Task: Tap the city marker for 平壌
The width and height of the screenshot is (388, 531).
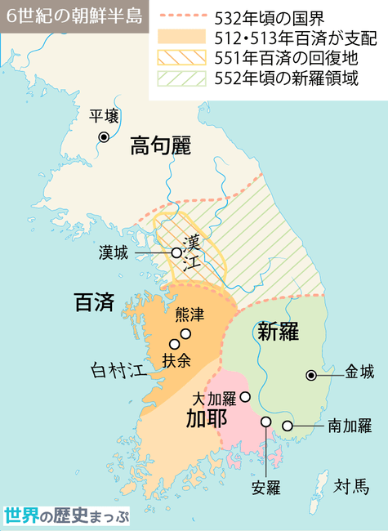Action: [x=104, y=136]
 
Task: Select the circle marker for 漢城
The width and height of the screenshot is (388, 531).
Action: [x=176, y=253]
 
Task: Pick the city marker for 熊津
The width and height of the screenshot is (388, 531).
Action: [x=185, y=333]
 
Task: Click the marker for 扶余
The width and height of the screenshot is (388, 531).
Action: [x=173, y=344]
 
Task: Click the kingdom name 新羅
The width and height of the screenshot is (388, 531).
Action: [x=278, y=331]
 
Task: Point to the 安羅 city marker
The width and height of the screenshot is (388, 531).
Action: [x=266, y=422]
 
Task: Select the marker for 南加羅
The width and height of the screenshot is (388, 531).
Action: [x=288, y=426]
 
